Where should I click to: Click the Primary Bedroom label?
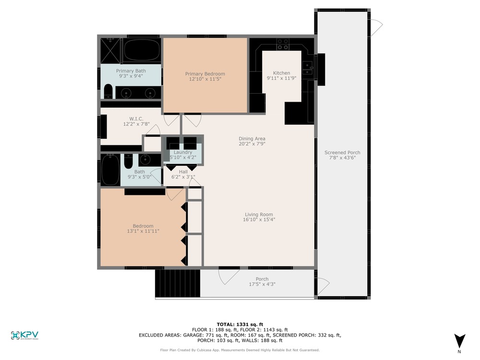coord(205,74)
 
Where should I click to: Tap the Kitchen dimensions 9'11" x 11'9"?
coord(281,78)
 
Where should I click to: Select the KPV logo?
coord(24,335)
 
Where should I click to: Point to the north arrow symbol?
coord(459,341)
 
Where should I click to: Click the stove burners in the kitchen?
coord(283,44)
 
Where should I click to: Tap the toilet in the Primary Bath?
coord(108,91)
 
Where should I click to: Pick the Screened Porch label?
coord(342,153)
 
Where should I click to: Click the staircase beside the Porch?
coord(178,283)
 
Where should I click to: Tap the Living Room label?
coord(259,215)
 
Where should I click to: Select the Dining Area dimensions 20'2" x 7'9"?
coord(252,144)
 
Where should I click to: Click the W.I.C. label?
coord(136,119)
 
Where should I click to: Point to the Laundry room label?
coord(183,152)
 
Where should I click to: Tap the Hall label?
coord(183,172)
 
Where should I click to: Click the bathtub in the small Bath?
coord(110,169)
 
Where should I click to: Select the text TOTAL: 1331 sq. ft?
coord(240,324)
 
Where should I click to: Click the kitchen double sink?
coord(307,68)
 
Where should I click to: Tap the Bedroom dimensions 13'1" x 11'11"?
coord(143,231)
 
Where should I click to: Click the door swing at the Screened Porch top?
coord(376,27)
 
